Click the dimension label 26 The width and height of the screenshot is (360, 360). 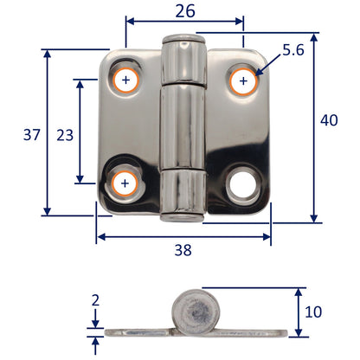pos(183,11)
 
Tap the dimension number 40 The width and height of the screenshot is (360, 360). pos(328,121)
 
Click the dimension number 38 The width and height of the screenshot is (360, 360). pos(183,249)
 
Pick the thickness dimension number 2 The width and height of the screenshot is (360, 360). pos(95,301)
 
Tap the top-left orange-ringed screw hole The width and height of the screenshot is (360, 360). pos(127,81)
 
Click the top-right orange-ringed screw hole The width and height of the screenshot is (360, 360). pos(243,82)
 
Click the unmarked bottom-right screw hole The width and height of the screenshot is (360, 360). pos(241,184)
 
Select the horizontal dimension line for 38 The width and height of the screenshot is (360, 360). pos(183,235)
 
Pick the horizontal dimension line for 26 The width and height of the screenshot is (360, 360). pos(184,25)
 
